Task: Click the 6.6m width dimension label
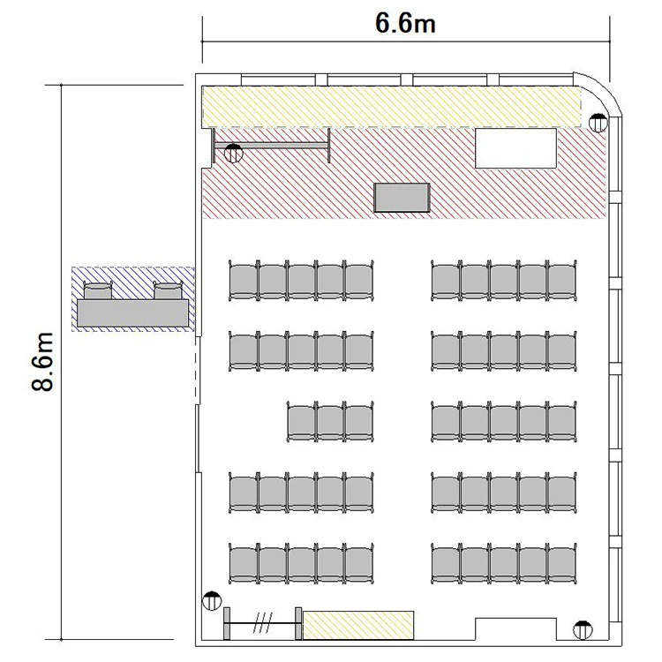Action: (405, 23)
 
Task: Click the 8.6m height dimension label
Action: (42, 361)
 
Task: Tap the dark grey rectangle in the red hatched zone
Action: (402, 197)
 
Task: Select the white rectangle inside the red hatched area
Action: (515, 148)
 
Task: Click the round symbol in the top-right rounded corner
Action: (598, 123)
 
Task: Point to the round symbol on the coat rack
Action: (234, 154)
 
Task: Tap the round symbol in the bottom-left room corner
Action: (212, 601)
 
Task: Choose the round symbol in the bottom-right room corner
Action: (583, 630)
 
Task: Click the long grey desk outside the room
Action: (132, 312)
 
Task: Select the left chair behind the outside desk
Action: (98, 291)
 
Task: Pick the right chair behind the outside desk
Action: (168, 291)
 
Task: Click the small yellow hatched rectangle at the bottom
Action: (358, 625)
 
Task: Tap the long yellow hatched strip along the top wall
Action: (391, 107)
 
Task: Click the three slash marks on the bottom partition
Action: (263, 623)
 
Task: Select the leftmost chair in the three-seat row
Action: (302, 422)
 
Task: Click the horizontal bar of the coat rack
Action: (271, 146)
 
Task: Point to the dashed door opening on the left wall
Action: (196, 370)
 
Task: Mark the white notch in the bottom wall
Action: (515, 629)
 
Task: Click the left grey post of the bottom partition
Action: (227, 623)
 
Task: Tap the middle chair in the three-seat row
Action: (330, 422)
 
